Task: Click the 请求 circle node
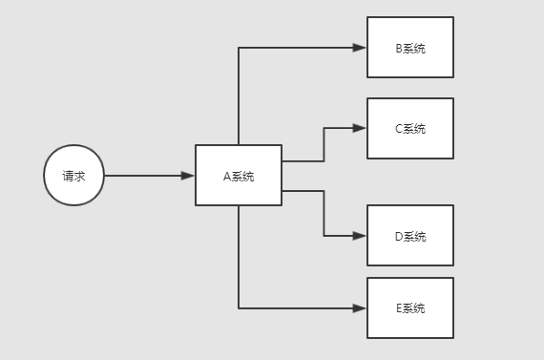pyautogui.click(x=73, y=177)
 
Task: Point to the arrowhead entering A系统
pyautogui.click(x=189, y=176)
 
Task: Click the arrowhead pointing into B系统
pyautogui.click(x=361, y=48)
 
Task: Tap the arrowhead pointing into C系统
pyautogui.click(x=361, y=129)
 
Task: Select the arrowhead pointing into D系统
pyautogui.click(x=361, y=236)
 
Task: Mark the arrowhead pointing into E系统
pyautogui.click(x=361, y=308)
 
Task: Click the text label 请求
pyautogui.click(x=73, y=177)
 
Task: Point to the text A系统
pyautogui.click(x=239, y=176)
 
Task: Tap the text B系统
pyautogui.click(x=410, y=48)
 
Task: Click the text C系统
pyautogui.click(x=410, y=129)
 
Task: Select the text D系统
pyautogui.click(x=410, y=236)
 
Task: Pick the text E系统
pyautogui.click(x=410, y=308)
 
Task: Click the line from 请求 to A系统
pyautogui.click(x=143, y=176)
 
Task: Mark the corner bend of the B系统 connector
pyautogui.click(x=239, y=48)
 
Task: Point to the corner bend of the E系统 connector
pyautogui.click(x=239, y=308)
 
